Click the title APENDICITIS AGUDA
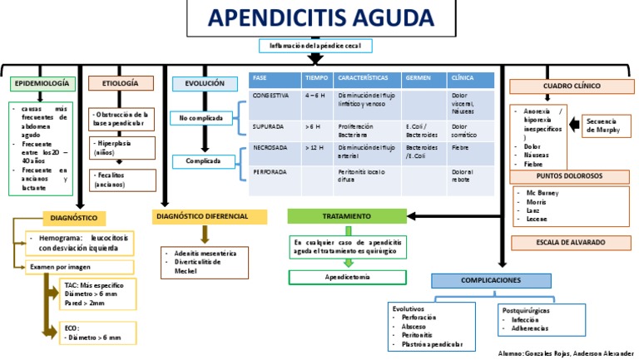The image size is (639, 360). pos(319,18)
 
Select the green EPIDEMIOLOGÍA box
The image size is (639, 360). pos(44,84)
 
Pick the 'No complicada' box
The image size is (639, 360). pos(201,118)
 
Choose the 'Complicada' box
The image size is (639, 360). pos(203,160)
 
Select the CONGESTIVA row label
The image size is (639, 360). pos(271,96)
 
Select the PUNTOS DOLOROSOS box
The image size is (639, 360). pos(571,175)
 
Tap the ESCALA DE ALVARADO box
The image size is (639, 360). pos(570,242)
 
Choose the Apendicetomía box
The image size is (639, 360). pos(348,277)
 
